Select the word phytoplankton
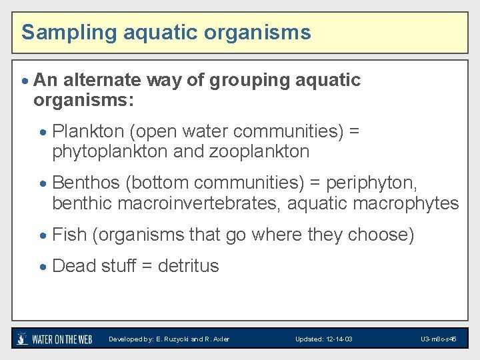pyautogui.click(x=110, y=151)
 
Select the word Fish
pyautogui.click(x=69, y=235)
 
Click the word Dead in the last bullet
pyautogui.click(x=73, y=266)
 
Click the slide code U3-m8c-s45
pyautogui.click(x=438, y=339)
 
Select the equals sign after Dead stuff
pyautogui.click(x=146, y=266)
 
